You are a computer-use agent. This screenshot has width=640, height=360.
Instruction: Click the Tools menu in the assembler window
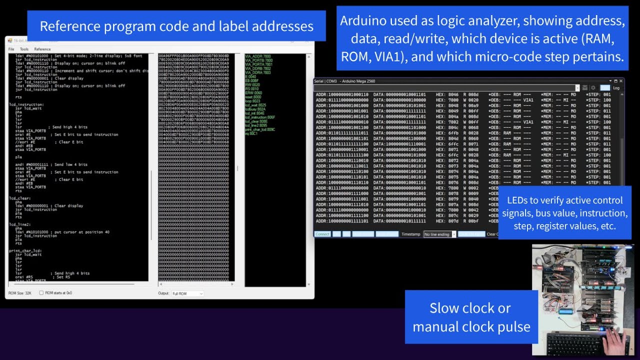24,49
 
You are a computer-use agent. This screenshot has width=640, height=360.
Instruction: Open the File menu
11,49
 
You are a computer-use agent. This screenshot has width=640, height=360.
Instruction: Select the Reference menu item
42,49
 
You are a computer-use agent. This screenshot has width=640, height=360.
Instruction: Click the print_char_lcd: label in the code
25,250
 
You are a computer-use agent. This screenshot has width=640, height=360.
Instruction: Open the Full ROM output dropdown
187,294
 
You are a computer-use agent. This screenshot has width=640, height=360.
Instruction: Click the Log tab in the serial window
616,88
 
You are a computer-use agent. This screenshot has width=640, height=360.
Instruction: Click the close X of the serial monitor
621,81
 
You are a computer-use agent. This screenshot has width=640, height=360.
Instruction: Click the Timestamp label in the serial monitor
411,234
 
